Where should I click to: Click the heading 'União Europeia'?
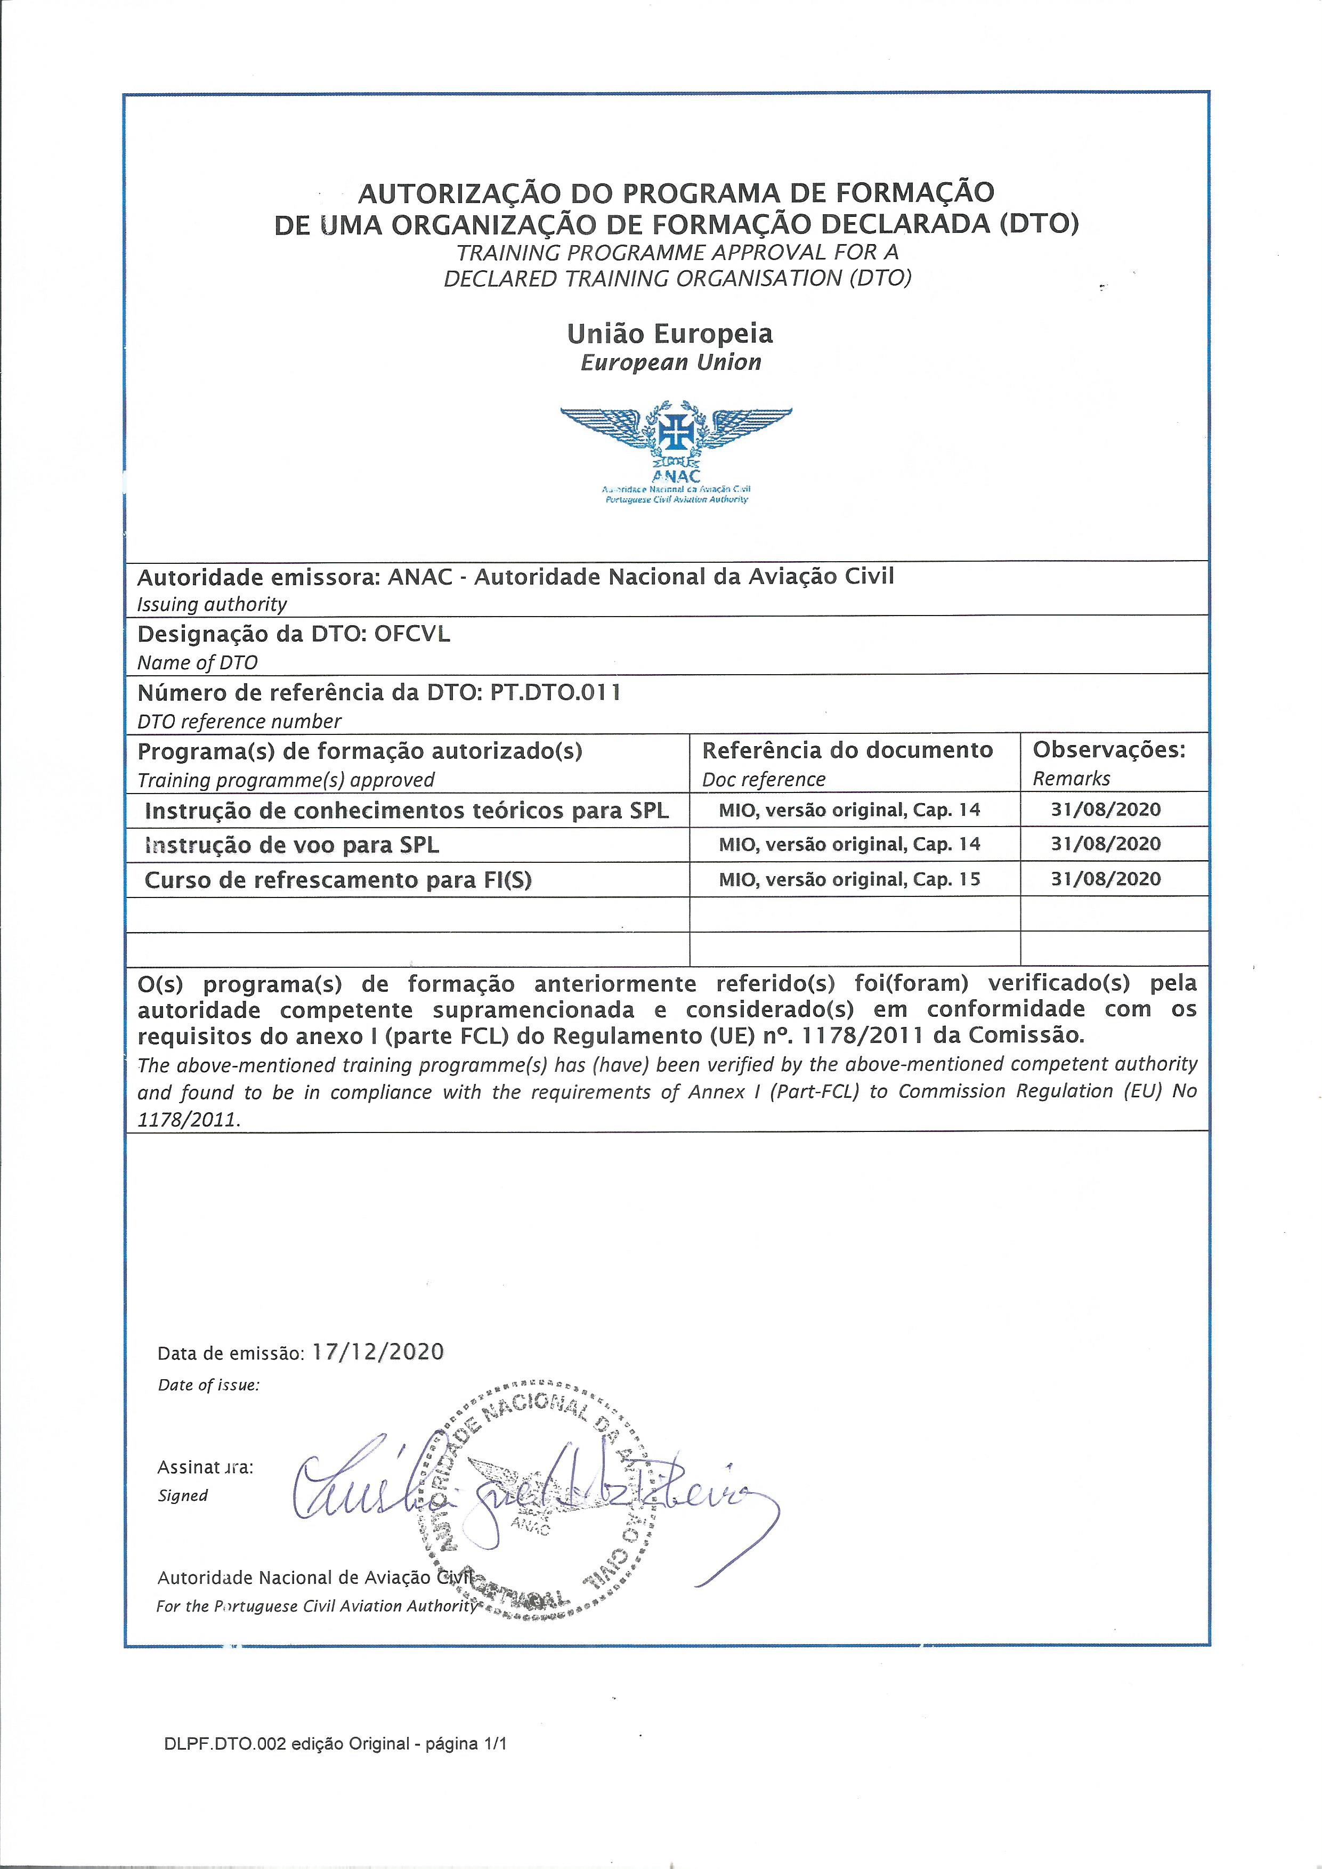670,333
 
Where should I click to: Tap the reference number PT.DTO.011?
555,693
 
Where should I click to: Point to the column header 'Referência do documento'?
847,750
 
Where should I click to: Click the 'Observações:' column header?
1109,750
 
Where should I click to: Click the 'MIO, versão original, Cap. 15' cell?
849,880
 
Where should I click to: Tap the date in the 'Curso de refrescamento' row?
1106,879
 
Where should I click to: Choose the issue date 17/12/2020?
378,1352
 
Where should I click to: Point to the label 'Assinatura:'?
205,1468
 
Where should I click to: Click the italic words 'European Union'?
671,362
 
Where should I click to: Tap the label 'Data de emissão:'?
230,1354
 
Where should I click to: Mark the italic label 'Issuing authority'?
212,604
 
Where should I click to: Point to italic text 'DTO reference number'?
239,721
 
